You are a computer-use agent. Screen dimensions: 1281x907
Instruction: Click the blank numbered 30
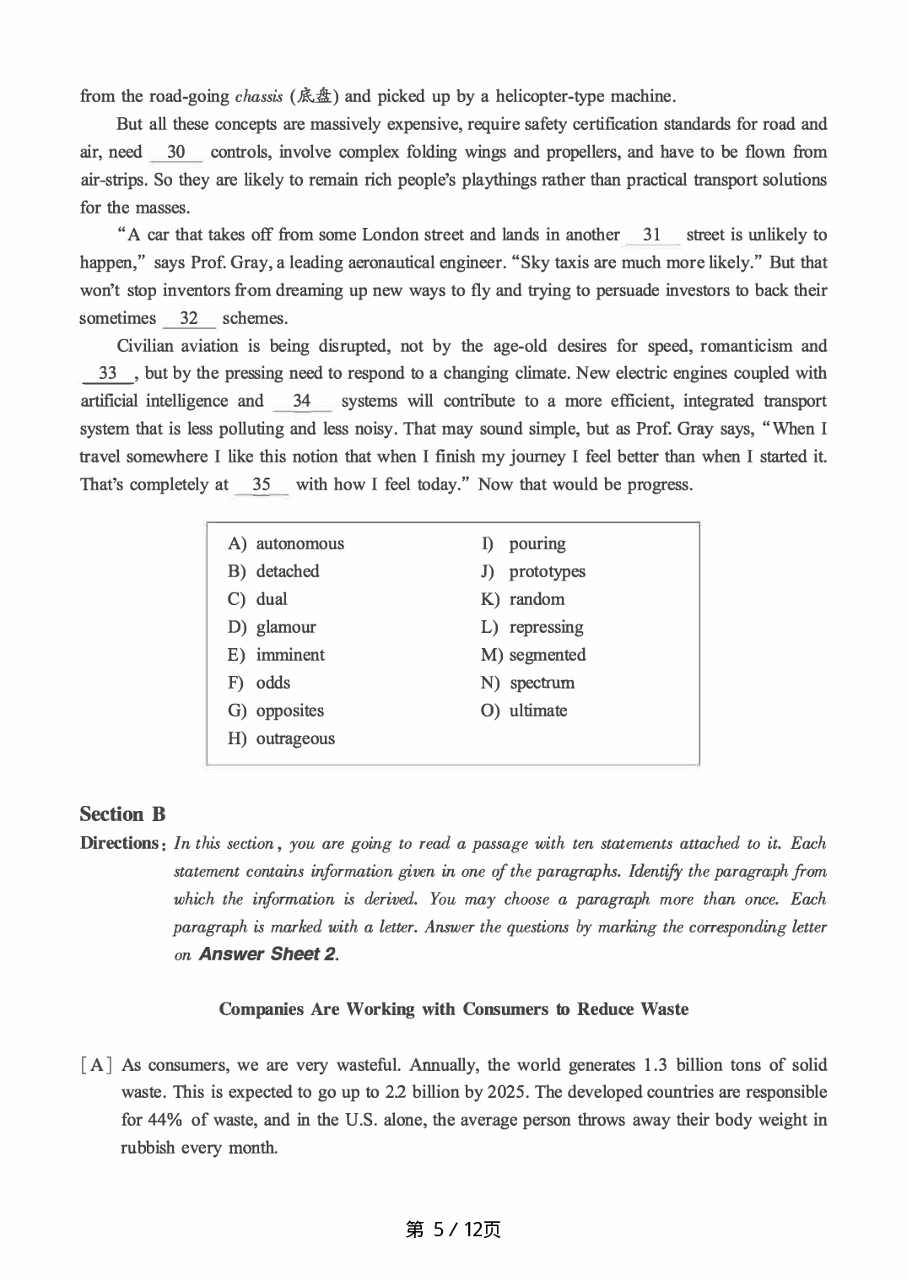click(x=176, y=153)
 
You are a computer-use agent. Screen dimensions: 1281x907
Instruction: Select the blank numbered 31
click(x=652, y=235)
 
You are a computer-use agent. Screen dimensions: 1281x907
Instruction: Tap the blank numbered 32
click(x=189, y=319)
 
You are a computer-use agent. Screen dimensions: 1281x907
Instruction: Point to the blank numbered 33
click(x=108, y=374)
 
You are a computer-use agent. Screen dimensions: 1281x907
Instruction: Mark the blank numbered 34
click(x=301, y=402)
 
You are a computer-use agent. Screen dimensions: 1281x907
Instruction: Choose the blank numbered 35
click(x=262, y=485)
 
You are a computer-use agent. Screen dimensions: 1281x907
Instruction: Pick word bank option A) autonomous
click(x=286, y=544)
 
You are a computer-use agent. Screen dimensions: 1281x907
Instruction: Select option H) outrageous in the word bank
click(x=281, y=739)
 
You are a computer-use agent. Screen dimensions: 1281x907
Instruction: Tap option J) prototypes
click(x=532, y=572)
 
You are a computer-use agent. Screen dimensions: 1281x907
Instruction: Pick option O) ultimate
click(x=524, y=711)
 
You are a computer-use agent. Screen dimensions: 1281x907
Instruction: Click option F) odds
click(x=259, y=684)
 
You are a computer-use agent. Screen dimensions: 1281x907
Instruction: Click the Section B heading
click(x=122, y=814)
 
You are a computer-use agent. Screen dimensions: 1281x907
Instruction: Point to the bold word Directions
click(x=119, y=843)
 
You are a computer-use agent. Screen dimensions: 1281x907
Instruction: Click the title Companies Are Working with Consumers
click(x=453, y=1009)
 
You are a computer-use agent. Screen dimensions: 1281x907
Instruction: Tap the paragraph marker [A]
click(x=96, y=1065)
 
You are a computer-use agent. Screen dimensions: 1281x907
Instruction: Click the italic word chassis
click(x=259, y=96)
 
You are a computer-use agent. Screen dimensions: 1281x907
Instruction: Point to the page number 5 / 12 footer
click(x=453, y=1230)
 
